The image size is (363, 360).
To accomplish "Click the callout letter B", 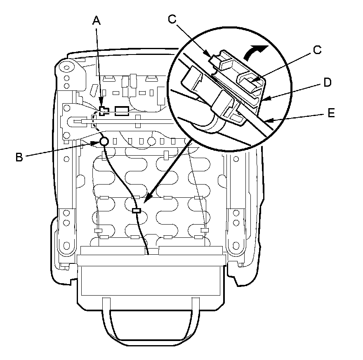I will pyautogui.click(x=19, y=157).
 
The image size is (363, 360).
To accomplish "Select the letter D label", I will pyautogui.click(x=327, y=83).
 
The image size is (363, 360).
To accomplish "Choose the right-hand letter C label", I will pyautogui.click(x=316, y=50).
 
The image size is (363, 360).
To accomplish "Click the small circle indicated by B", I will pyautogui.click(x=104, y=142).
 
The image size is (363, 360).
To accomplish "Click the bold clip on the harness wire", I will pyautogui.click(x=137, y=211).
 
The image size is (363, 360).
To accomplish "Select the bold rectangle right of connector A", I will pyautogui.click(x=122, y=110).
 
